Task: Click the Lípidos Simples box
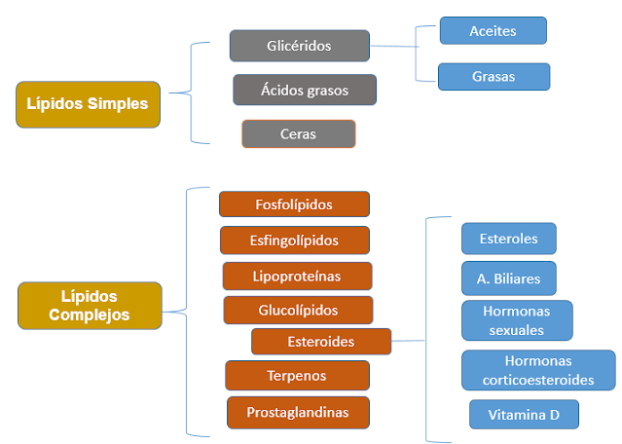[x=88, y=103]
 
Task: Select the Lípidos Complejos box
[x=89, y=305]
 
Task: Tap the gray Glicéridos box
[x=300, y=46]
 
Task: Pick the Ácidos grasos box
[x=304, y=90]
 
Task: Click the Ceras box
[x=298, y=133]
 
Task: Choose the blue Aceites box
[x=493, y=30]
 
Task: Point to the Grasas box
[x=494, y=76]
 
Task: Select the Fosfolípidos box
[x=294, y=203]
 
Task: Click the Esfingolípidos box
[x=294, y=240]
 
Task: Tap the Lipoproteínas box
[x=297, y=276]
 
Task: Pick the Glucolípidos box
[x=298, y=310]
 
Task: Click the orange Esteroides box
[x=321, y=342]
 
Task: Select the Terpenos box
[x=297, y=375]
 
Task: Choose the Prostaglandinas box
[x=299, y=412]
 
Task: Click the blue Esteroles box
[x=507, y=238]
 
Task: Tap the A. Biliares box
[x=508, y=278]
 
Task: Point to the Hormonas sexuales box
[x=517, y=319]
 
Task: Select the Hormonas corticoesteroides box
[x=538, y=369]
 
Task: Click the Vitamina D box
[x=524, y=414]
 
